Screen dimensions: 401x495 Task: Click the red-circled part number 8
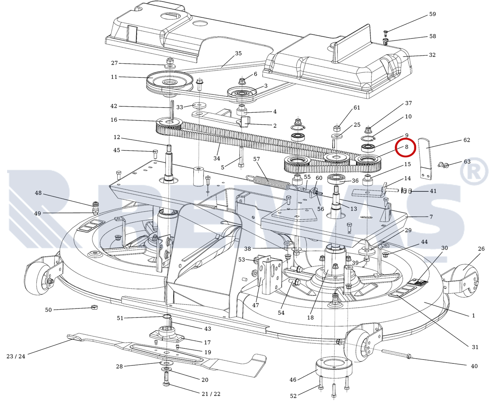click(406, 147)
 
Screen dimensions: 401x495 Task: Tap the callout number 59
click(432, 14)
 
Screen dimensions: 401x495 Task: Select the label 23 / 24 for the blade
click(16, 356)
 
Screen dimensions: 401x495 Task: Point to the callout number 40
click(474, 366)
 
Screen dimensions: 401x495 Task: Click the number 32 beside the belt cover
click(432, 55)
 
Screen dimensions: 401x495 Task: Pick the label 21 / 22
click(211, 394)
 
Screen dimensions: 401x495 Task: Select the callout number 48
click(38, 193)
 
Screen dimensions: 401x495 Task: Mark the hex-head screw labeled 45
click(155, 152)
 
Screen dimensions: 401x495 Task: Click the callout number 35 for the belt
click(238, 53)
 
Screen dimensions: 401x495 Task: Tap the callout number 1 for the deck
click(473, 316)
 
